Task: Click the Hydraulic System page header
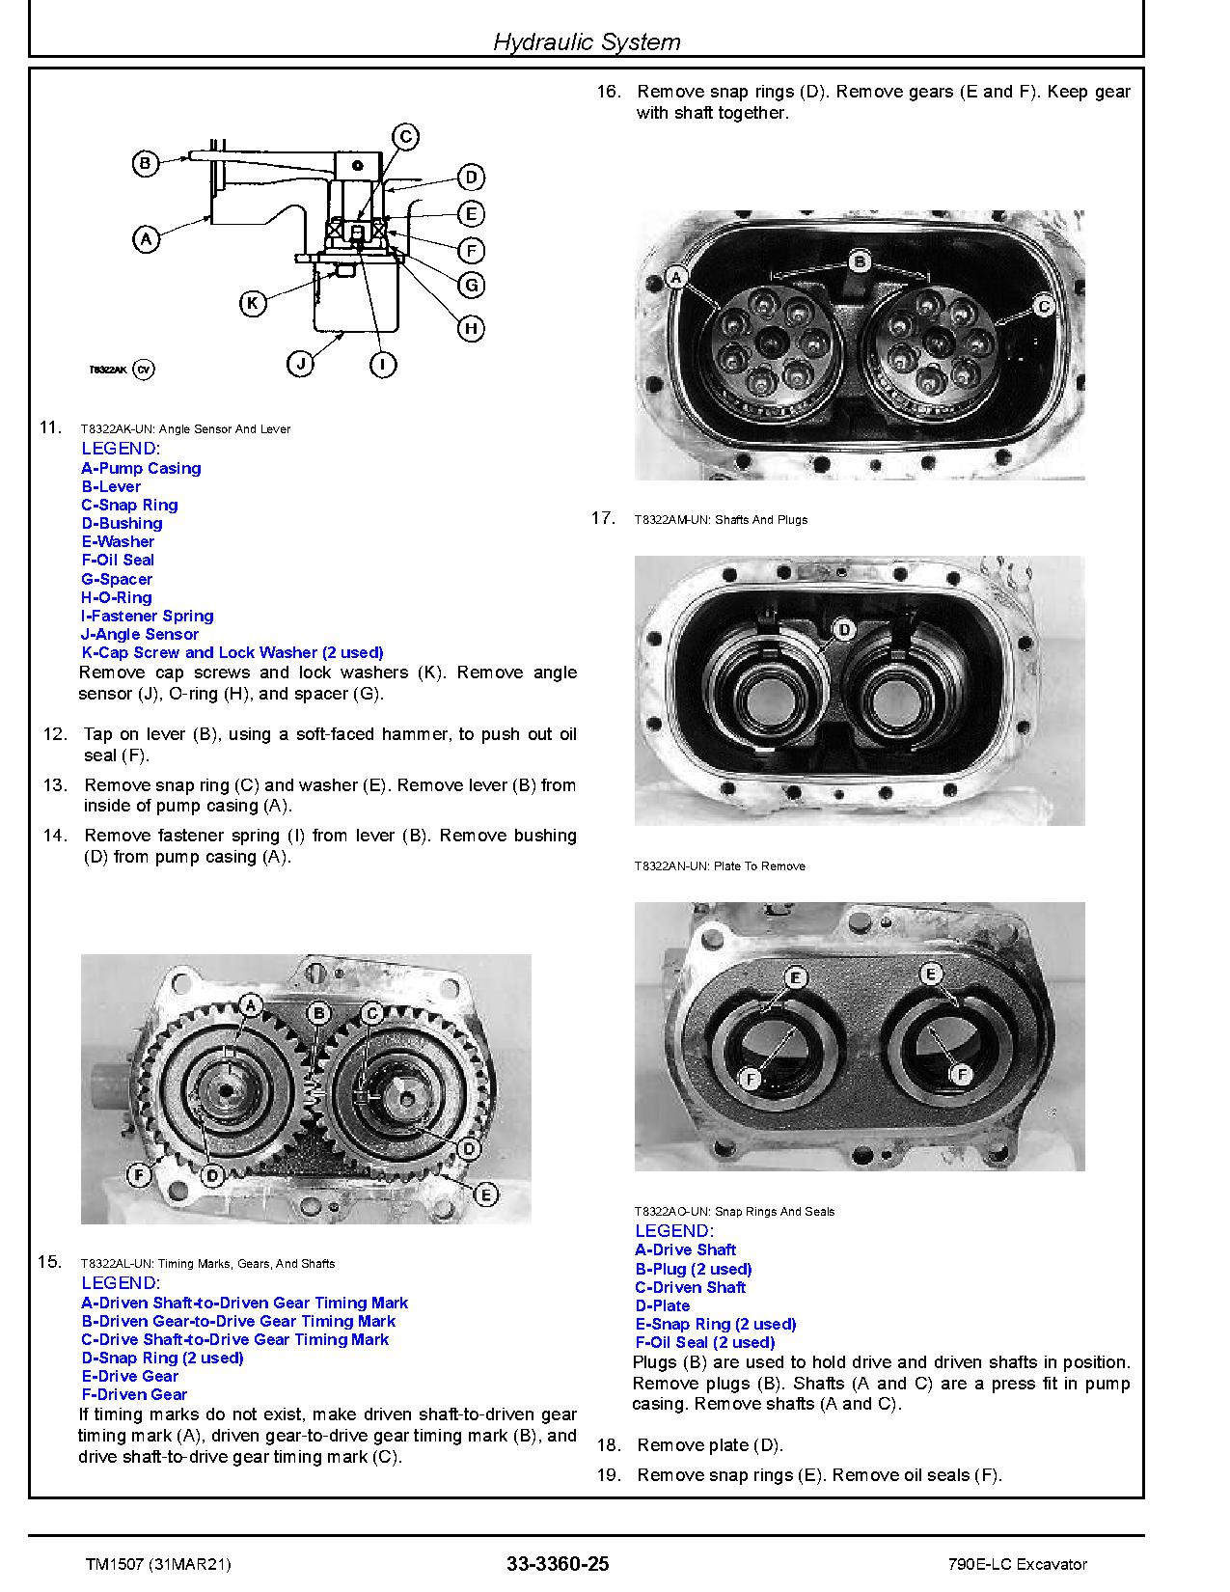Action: (x=587, y=41)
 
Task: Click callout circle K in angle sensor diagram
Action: (x=252, y=303)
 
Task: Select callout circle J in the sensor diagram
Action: (x=301, y=364)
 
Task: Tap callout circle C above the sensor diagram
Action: (x=406, y=137)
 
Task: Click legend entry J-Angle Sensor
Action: (x=140, y=634)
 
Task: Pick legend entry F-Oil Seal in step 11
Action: (x=118, y=560)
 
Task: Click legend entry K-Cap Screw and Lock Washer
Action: (x=232, y=652)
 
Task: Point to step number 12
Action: (x=55, y=734)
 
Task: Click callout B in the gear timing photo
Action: (x=318, y=1012)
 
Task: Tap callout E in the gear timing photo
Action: (x=486, y=1194)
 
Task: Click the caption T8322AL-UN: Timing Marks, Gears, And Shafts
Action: (x=207, y=1263)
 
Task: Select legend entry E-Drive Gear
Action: (x=130, y=1376)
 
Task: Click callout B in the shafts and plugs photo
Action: (x=861, y=261)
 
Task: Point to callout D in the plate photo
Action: (x=843, y=630)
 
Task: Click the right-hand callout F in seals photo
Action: (x=959, y=1074)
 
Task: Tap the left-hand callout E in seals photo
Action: (x=796, y=977)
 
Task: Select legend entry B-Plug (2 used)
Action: (x=694, y=1269)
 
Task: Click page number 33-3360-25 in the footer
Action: (x=558, y=1564)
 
